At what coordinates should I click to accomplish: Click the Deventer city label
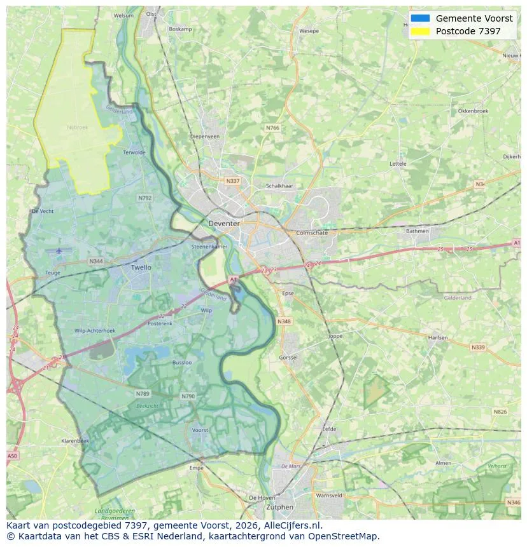[x=224, y=224]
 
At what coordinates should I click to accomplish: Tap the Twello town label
[x=141, y=267]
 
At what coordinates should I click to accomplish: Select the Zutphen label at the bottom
[x=280, y=507]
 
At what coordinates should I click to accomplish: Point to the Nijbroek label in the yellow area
[x=77, y=127]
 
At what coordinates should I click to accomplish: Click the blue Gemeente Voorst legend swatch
[x=420, y=18]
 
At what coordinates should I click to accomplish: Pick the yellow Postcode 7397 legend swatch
[x=420, y=31]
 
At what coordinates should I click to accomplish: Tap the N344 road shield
[x=96, y=261]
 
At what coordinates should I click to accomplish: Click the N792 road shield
[x=145, y=198]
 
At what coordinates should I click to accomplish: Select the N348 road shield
[x=284, y=321]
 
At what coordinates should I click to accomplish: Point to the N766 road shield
[x=272, y=128]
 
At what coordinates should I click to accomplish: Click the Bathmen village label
[x=418, y=231]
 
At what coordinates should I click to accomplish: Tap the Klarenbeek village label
[x=75, y=440]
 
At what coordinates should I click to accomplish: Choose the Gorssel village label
[x=288, y=358]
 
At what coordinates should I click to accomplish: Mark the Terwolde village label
[x=134, y=152]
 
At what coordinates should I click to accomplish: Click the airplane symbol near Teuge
[x=59, y=250]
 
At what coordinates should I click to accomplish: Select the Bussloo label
[x=182, y=362]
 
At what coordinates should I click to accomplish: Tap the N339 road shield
[x=477, y=348]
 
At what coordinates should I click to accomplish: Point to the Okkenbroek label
[x=473, y=111]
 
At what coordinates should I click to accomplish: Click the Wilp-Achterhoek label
[x=95, y=331]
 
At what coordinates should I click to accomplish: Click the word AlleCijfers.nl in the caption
[x=293, y=525]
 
